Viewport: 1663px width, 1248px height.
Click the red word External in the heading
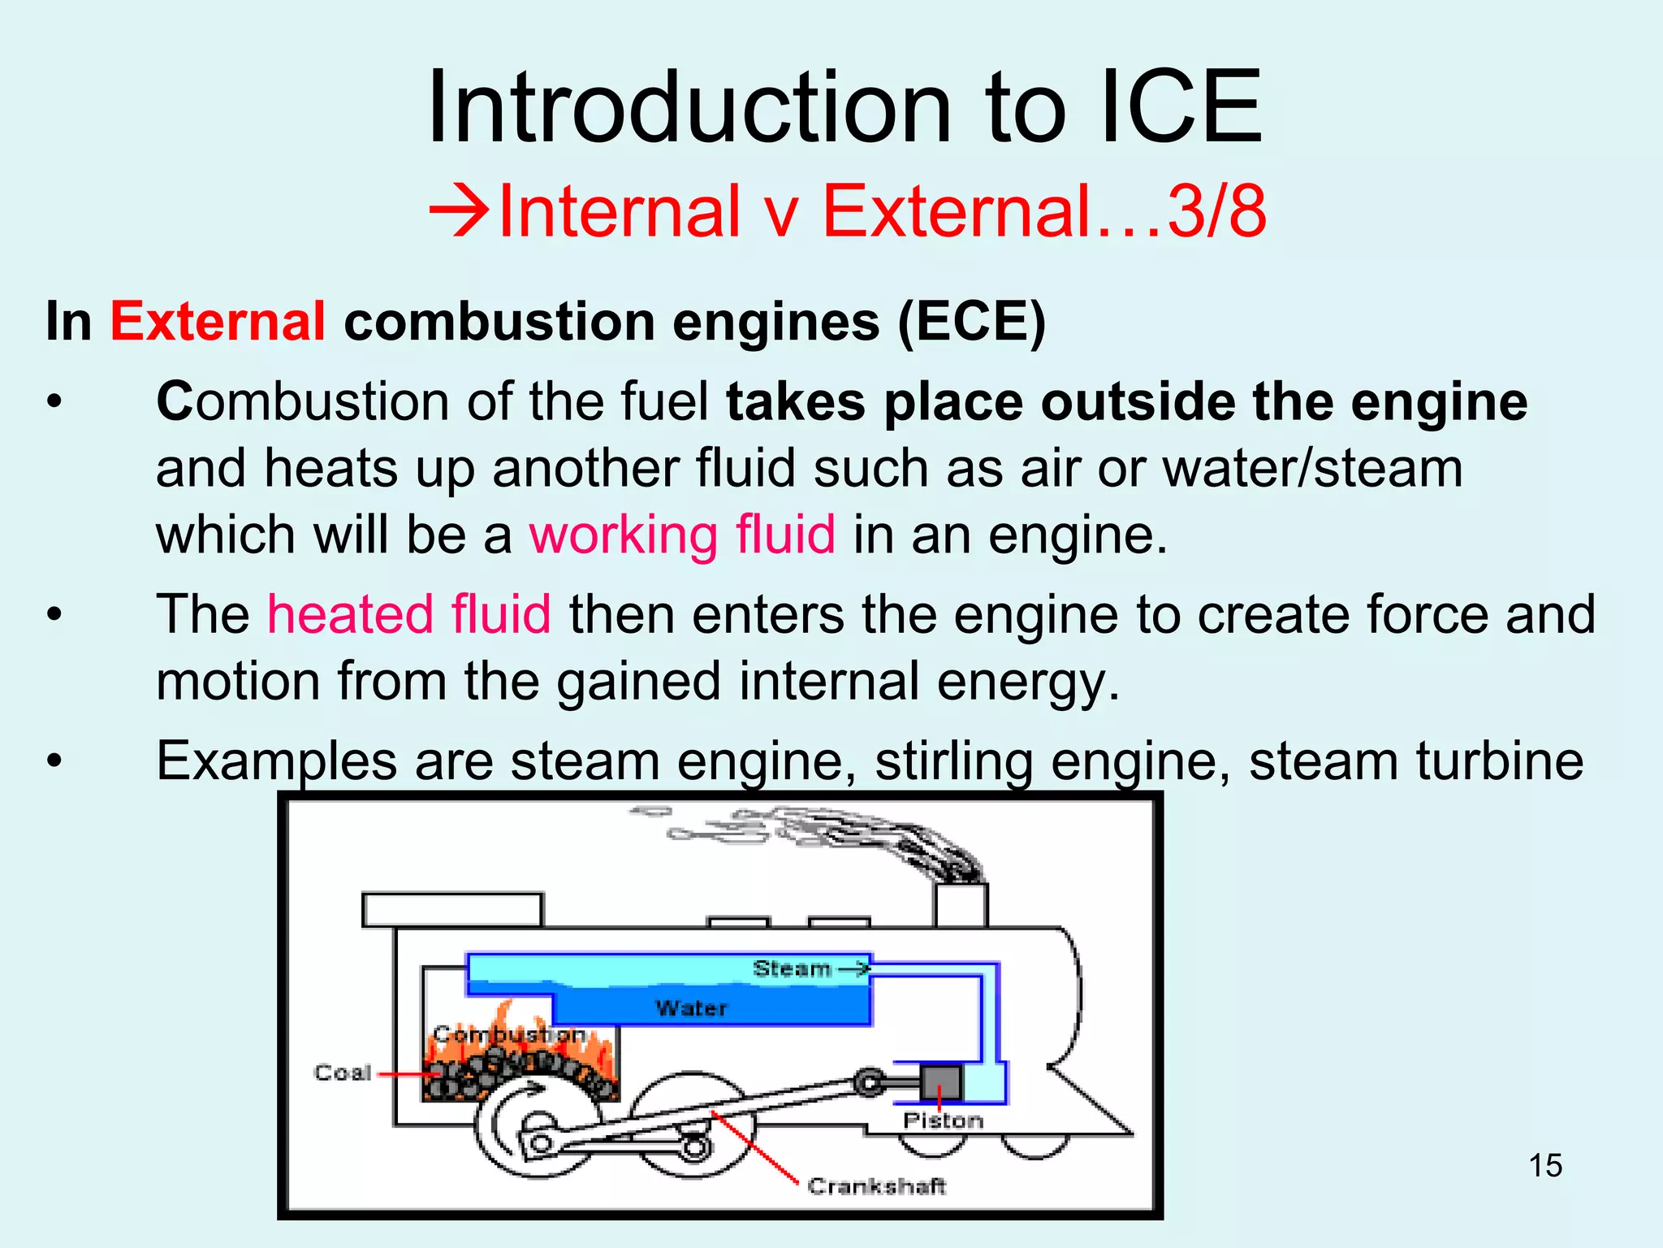(218, 322)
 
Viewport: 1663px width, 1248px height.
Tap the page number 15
(1545, 1165)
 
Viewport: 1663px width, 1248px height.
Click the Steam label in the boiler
(792, 968)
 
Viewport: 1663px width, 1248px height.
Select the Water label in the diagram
(691, 1008)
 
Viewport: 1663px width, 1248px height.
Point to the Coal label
(343, 1073)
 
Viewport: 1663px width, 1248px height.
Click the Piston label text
(943, 1121)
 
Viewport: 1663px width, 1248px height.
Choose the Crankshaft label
(877, 1186)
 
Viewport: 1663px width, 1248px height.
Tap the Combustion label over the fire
(509, 1034)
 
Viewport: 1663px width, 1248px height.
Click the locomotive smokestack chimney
(961, 904)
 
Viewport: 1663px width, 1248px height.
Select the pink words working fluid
(682, 535)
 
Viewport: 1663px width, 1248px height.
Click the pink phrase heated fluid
(409, 614)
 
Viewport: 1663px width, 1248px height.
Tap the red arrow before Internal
(459, 211)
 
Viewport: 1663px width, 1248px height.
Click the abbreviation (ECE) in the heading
(971, 322)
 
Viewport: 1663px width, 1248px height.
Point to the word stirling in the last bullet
(954, 761)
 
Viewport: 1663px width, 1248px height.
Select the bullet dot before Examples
(54, 761)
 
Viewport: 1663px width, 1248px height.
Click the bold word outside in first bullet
(1138, 402)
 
